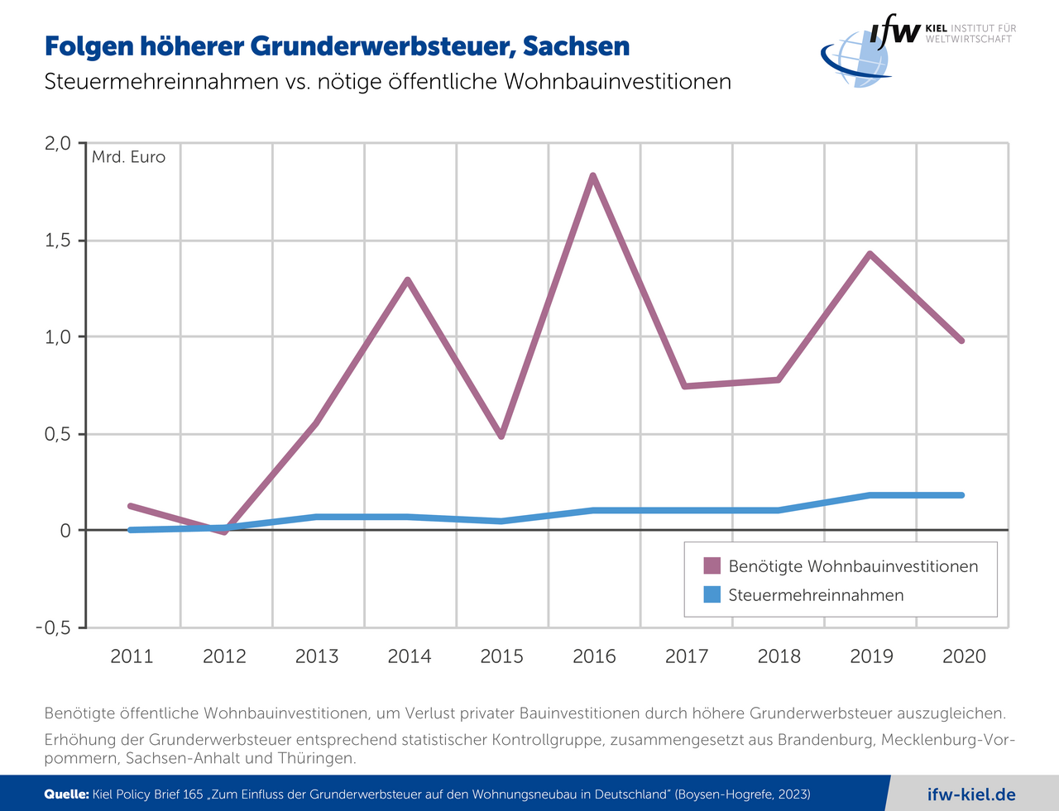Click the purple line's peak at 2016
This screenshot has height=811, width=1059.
tap(593, 176)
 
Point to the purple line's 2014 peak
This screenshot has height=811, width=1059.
tap(408, 280)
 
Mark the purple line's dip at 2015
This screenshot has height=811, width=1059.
tap(501, 436)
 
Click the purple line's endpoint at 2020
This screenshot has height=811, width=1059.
tap(962, 341)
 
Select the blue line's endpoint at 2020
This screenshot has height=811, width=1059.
tap(962, 495)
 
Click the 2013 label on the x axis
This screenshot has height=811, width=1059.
tap(317, 656)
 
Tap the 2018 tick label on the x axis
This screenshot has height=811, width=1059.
tap(779, 656)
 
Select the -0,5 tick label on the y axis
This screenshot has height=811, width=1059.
tap(53, 627)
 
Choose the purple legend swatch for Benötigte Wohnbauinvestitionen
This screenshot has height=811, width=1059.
tap(712, 566)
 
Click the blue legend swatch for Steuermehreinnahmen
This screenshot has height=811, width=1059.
tap(712, 595)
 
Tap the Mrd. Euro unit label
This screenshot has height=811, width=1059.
tap(128, 157)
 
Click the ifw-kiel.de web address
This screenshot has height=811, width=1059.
tap(971, 794)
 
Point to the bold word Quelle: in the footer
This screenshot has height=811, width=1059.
tap(66, 794)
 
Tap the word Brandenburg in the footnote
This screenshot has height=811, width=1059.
tap(816, 740)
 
